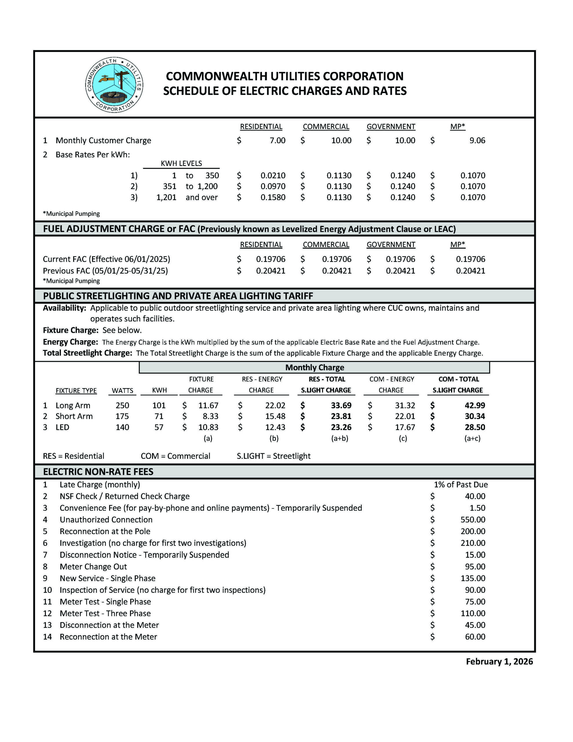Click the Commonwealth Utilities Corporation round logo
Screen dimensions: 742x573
(114, 85)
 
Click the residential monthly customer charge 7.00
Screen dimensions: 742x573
(277, 140)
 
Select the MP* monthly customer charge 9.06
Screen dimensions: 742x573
(477, 140)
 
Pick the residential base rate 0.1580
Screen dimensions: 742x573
(273, 197)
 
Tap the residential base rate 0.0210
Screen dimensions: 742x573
(273, 175)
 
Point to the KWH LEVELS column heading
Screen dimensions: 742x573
(181, 163)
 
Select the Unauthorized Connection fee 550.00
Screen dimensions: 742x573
(473, 519)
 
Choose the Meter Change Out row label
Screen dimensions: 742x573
(93, 566)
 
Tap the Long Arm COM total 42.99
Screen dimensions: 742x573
(475, 405)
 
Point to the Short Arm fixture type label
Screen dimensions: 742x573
(74, 416)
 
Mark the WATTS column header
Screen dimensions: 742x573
(122, 390)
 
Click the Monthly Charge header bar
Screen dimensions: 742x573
(314, 367)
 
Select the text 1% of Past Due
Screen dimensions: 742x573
(461, 485)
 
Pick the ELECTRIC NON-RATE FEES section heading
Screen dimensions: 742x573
(98, 472)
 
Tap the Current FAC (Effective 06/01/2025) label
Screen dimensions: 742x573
(106, 259)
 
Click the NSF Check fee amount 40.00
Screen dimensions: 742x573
(475, 496)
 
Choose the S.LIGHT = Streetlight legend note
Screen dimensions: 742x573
(273, 456)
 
